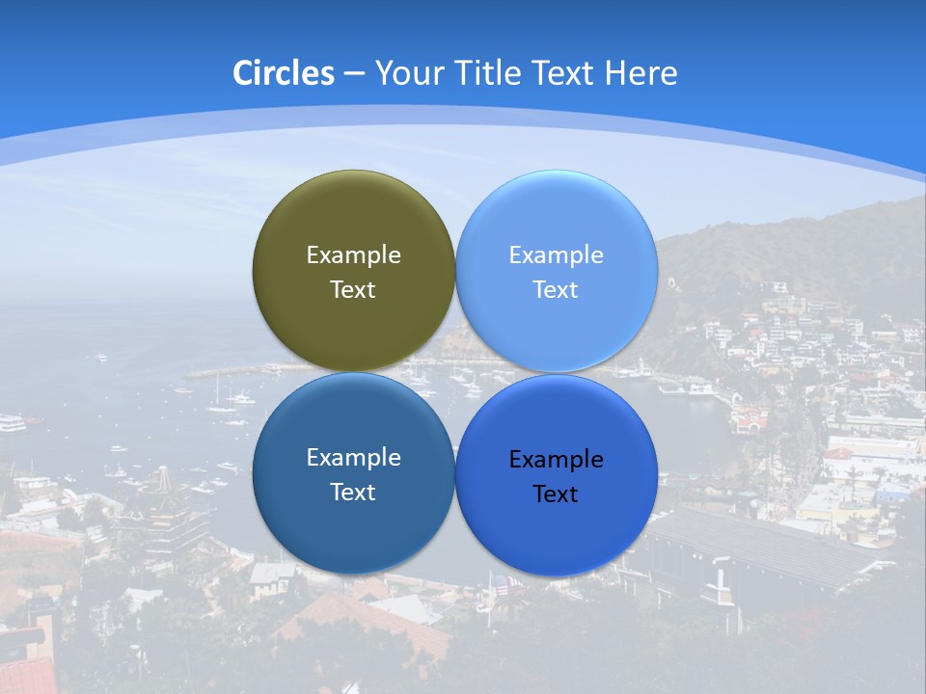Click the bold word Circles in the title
[284, 73]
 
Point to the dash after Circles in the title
[353, 74]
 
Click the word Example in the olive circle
[353, 255]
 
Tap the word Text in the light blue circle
[556, 290]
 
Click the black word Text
[556, 494]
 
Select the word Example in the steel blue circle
[353, 458]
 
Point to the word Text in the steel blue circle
[353, 493]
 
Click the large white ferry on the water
[12, 422]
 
